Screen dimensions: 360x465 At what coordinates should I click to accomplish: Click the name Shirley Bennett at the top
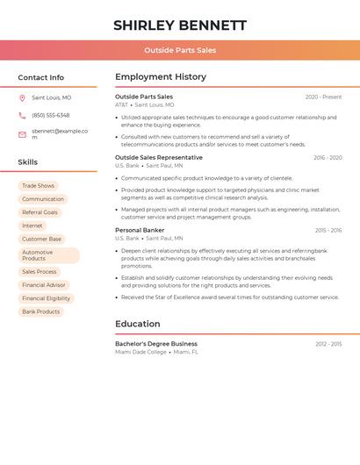click(x=180, y=25)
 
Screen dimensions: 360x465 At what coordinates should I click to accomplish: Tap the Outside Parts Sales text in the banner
click(x=180, y=50)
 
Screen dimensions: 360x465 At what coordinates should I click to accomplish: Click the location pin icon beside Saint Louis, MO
click(x=22, y=97)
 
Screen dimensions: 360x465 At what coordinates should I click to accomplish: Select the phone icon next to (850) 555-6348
click(x=22, y=115)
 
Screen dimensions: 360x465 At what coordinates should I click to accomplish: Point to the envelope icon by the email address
click(x=22, y=134)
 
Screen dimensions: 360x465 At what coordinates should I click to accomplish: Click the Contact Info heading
click(x=41, y=77)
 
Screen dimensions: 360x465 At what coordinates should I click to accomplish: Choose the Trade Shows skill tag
click(x=38, y=186)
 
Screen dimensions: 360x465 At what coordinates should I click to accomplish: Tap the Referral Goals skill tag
click(x=40, y=212)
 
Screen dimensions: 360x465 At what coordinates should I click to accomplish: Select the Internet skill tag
click(x=32, y=225)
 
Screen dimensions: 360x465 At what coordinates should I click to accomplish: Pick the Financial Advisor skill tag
click(x=44, y=285)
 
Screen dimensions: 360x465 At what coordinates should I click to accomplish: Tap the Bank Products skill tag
click(x=41, y=311)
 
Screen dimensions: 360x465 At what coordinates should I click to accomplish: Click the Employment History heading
click(x=161, y=77)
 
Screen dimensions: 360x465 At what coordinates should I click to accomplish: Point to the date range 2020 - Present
click(x=323, y=97)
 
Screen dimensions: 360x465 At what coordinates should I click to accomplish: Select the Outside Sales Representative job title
click(x=158, y=158)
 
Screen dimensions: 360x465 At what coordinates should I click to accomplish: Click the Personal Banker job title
click(x=140, y=230)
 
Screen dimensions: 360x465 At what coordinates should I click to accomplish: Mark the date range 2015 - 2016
click(x=328, y=230)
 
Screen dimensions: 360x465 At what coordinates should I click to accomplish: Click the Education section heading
click(x=137, y=324)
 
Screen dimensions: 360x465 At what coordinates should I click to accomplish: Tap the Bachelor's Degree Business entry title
click(x=156, y=344)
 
